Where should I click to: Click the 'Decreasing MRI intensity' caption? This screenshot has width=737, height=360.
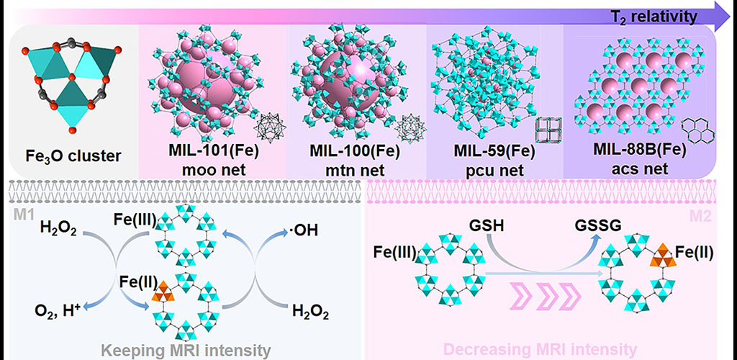pos(539,350)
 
